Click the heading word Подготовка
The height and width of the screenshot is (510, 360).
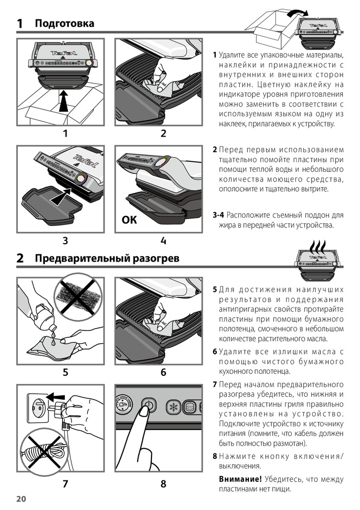coord(64,23)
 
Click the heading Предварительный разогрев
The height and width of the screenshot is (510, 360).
coord(107,259)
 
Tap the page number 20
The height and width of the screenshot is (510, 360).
coord(21,498)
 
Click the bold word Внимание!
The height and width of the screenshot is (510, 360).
coord(240,479)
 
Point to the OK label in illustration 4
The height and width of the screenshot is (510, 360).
coord(130,220)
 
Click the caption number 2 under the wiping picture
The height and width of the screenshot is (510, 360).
coord(163,134)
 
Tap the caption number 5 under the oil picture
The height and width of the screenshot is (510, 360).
coord(65,372)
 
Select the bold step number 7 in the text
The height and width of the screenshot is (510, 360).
coord(215,384)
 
